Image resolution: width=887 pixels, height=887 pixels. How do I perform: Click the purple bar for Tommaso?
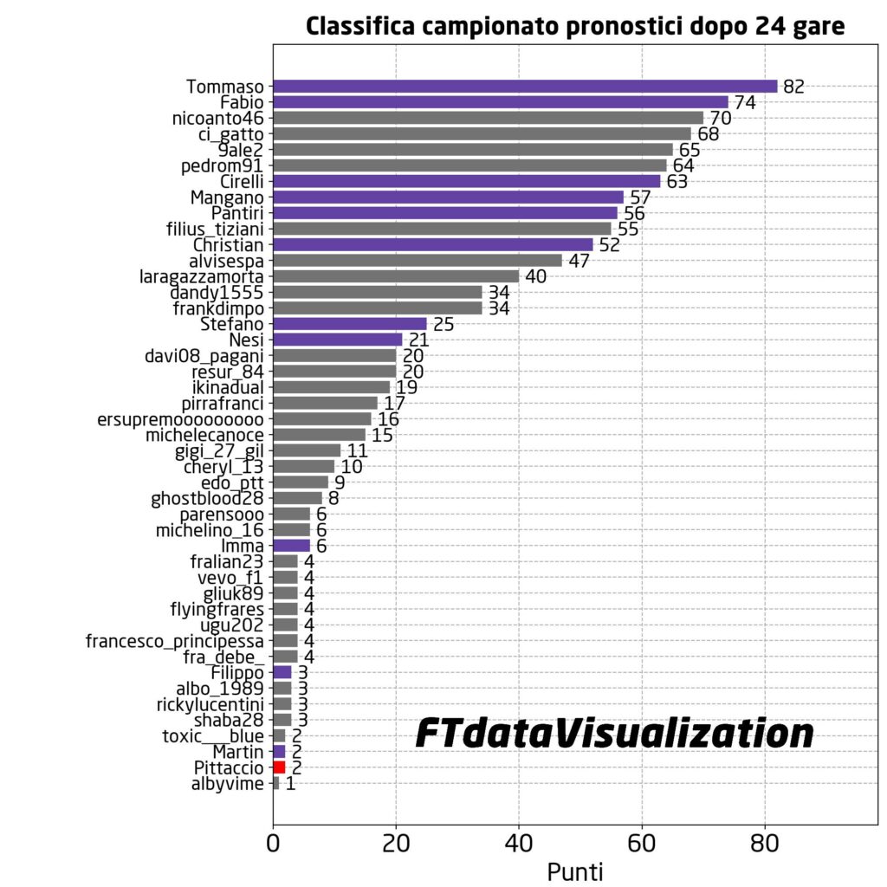(525, 86)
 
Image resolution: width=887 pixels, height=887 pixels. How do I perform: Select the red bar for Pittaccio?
(279, 767)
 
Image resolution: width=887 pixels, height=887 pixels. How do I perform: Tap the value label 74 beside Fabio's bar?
(745, 102)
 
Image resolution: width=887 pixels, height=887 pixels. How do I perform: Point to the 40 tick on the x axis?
(519, 843)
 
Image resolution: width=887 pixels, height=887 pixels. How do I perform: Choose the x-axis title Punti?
(574, 871)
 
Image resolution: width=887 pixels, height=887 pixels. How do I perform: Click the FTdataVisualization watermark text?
(614, 735)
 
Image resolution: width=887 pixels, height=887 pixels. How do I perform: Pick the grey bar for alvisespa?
(417, 260)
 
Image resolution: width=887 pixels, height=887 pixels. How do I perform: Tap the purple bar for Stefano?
(349, 324)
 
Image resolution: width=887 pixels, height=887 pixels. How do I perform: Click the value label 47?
(579, 261)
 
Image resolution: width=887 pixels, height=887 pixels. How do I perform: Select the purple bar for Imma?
(291, 546)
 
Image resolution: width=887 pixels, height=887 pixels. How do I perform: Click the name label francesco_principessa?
(174, 641)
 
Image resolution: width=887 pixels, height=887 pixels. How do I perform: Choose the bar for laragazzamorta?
(396, 276)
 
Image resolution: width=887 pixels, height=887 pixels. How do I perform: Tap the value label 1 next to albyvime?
(290, 784)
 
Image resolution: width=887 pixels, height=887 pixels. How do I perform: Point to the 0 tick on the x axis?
(273, 843)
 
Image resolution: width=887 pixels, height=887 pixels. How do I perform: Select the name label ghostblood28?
(207, 498)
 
